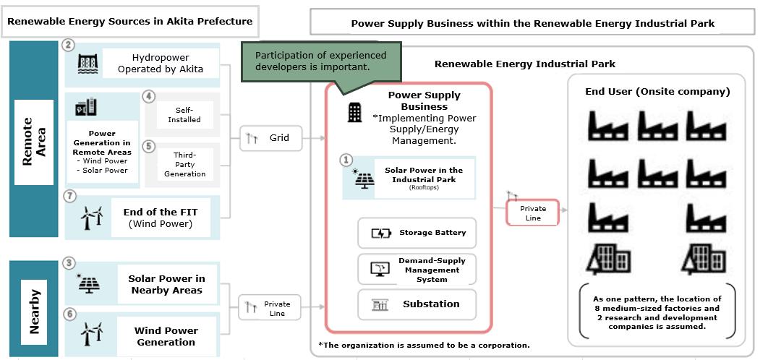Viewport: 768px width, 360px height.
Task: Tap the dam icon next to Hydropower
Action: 88,64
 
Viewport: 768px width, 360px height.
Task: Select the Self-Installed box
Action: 184,114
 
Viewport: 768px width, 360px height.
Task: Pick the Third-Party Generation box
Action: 184,164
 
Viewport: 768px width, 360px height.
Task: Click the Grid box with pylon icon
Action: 271,138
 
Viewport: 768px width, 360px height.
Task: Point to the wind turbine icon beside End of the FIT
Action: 92,218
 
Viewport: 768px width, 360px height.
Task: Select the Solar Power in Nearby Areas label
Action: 167,284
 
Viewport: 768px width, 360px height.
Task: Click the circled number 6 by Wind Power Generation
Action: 69,314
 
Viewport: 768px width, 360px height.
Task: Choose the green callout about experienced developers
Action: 321,61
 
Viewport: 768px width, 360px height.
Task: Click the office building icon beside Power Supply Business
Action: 355,112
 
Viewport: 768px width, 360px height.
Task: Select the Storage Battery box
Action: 417,233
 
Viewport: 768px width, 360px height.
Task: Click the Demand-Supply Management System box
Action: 417,269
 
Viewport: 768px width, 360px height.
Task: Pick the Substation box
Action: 417,304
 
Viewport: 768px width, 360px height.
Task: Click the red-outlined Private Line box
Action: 533,213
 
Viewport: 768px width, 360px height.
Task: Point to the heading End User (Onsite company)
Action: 657,92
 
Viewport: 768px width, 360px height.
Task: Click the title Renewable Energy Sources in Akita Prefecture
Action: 130,21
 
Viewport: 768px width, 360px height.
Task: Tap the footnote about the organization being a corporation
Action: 424,345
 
